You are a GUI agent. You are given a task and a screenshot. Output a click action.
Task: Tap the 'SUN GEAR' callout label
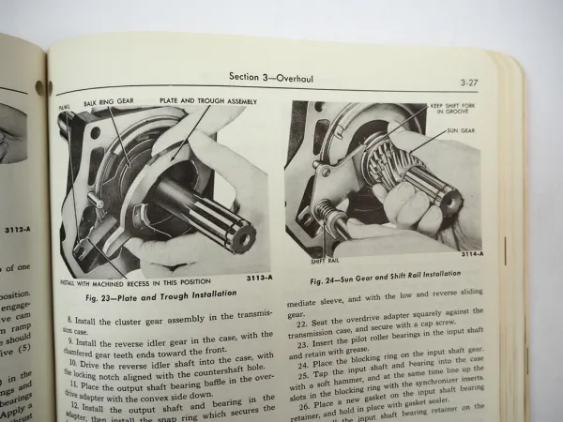point(463,131)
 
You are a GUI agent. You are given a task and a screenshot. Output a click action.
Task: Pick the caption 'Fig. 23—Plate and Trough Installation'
point(165,297)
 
